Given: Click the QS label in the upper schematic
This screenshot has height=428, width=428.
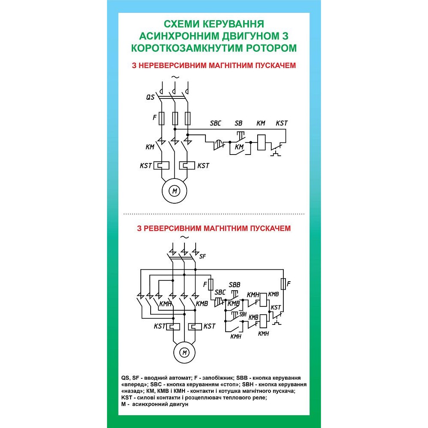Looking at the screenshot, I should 150,98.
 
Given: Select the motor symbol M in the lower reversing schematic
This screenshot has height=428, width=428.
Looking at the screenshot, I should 185,353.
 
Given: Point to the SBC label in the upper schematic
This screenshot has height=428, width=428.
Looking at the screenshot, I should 216,123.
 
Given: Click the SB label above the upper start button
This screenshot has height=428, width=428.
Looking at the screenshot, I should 238,123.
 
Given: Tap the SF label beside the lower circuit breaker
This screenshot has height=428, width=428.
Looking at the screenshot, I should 203,256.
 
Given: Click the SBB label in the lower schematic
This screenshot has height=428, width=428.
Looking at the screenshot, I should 235,285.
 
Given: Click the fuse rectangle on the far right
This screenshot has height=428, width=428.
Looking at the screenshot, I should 283,284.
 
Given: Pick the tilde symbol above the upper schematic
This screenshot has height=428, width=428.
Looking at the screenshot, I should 174,77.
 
